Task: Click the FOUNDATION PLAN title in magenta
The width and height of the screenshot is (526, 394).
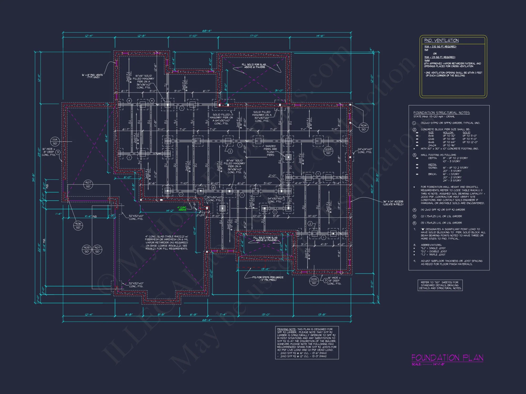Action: pos(447,358)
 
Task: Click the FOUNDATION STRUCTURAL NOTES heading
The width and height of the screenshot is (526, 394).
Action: pos(441,113)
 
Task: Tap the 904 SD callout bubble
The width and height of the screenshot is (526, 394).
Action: pos(363,127)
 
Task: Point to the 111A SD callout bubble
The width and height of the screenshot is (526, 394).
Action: pos(55,142)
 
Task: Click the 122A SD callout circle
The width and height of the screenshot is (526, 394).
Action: pos(328,151)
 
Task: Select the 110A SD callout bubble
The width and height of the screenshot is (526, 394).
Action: pos(314,281)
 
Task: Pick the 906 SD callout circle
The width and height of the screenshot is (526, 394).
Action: pos(78,226)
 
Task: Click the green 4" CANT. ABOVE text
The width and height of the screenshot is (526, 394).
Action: pos(182,209)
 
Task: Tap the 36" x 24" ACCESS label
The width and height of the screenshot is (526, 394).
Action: pos(393,203)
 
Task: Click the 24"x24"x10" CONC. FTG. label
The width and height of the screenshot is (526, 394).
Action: pos(365,151)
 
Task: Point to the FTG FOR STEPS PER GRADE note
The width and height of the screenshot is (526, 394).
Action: pos(268,278)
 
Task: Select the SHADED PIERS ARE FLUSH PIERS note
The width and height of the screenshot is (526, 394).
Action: pos(270,151)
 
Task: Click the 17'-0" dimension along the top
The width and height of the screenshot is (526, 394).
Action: pos(254,36)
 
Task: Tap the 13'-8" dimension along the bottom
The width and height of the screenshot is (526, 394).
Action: pos(322,314)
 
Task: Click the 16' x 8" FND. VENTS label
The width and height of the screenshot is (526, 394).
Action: pos(92,76)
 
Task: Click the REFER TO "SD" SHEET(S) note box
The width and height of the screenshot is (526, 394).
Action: pos(440,285)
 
